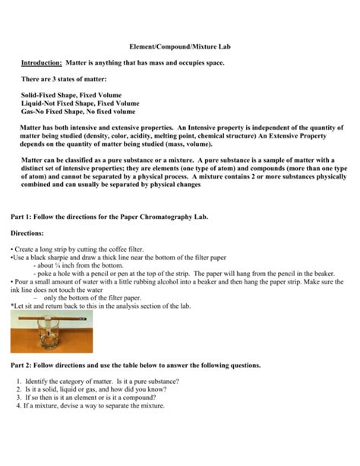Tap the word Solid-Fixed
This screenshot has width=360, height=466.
pos(41,95)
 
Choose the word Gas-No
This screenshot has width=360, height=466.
pos(35,111)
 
